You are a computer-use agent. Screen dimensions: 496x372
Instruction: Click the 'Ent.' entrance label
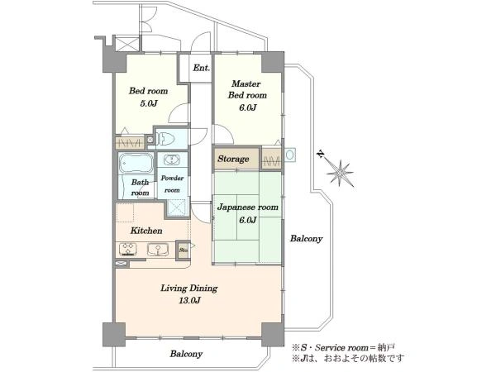[x=201, y=68]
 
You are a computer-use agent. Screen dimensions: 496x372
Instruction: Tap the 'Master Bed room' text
[x=247, y=89]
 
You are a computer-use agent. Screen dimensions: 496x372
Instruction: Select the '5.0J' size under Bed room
[x=148, y=103]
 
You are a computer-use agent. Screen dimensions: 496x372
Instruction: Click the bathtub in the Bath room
[x=136, y=163]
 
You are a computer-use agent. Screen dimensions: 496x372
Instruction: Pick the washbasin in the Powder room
[x=172, y=160]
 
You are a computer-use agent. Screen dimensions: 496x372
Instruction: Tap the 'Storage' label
[x=233, y=159]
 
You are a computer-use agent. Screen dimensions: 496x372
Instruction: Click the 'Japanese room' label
[x=248, y=207]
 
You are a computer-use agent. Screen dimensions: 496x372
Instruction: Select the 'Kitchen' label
[x=146, y=231]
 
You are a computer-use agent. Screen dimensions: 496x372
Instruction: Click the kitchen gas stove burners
[x=128, y=249]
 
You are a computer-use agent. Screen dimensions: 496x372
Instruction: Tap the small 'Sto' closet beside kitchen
[x=184, y=250]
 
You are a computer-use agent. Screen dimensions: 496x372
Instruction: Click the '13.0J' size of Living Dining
[x=189, y=301]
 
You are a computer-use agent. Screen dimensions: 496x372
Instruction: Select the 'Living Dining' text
[x=189, y=289]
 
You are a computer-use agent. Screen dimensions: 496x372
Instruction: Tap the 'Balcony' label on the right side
[x=306, y=239]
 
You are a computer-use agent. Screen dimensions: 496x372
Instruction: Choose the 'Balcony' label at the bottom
[x=186, y=354]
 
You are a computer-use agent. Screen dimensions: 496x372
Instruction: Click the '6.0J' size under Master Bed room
[x=247, y=107]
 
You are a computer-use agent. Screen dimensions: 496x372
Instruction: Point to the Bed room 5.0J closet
[x=130, y=143]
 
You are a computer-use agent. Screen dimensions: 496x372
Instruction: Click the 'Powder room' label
[x=172, y=184]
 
